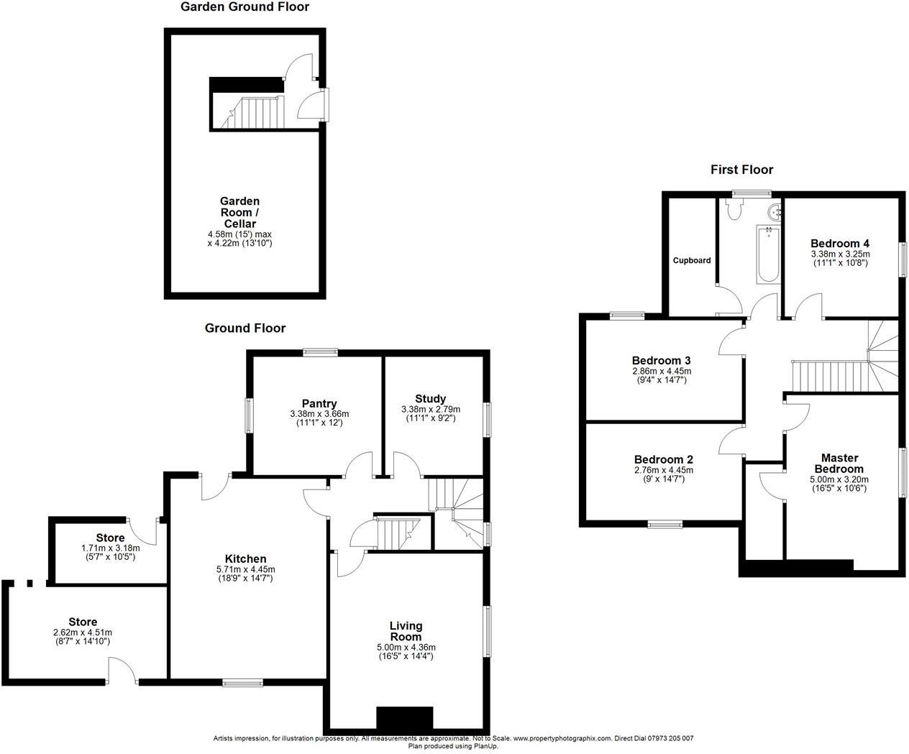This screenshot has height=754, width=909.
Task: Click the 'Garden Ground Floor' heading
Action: pyautogui.click(x=245, y=7)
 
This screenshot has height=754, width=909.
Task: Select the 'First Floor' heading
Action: pyautogui.click(x=741, y=170)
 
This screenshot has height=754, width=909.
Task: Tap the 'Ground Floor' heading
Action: pyautogui.click(x=245, y=328)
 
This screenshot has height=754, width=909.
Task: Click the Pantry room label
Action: pyautogui.click(x=319, y=404)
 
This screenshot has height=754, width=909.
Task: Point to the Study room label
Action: pyautogui.click(x=430, y=399)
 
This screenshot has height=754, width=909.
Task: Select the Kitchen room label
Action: pyautogui.click(x=245, y=558)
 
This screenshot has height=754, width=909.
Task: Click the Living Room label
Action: pyautogui.click(x=406, y=631)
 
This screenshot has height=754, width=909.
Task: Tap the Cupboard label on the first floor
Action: pyautogui.click(x=692, y=260)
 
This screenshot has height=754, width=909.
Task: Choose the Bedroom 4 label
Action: pyautogui.click(x=840, y=243)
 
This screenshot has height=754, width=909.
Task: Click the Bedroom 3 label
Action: pyautogui.click(x=661, y=360)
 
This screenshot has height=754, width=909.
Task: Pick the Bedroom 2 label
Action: pyautogui.click(x=663, y=459)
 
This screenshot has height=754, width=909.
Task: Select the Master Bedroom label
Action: pyautogui.click(x=840, y=464)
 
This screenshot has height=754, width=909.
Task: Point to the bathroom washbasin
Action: pyautogui.click(x=775, y=212)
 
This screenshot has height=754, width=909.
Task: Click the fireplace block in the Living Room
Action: pyautogui.click(x=405, y=718)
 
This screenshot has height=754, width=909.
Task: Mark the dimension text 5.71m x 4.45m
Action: pyautogui.click(x=245, y=569)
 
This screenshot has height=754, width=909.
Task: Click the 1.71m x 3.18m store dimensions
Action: pyautogui.click(x=110, y=548)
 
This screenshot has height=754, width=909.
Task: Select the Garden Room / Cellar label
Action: pyautogui.click(x=239, y=213)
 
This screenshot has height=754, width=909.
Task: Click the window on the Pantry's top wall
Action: pyautogui.click(x=320, y=351)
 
